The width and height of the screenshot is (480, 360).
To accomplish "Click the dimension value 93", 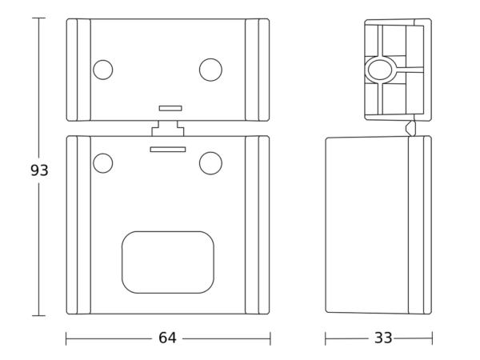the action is [x=39, y=170].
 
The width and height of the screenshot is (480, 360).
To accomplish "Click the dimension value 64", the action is [x=167, y=338].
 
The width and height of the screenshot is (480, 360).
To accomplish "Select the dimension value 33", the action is [x=383, y=338].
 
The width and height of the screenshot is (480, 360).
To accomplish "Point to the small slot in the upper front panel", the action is [x=170, y=108].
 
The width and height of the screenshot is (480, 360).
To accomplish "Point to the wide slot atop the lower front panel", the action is [x=168, y=150].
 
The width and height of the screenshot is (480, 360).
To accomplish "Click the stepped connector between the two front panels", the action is [x=168, y=128].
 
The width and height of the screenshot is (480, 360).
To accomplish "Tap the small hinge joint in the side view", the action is [x=410, y=128].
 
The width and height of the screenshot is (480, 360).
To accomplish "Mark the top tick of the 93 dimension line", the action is [x=38, y=18].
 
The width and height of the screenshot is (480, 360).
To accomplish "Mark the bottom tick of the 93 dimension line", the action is [x=38, y=315].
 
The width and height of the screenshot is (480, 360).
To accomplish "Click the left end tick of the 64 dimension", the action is [x=66, y=338].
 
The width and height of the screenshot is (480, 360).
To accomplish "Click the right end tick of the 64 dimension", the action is [x=270, y=338].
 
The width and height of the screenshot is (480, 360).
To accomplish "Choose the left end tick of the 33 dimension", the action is [x=326, y=338].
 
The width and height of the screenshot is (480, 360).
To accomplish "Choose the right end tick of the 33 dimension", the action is [x=432, y=338].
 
